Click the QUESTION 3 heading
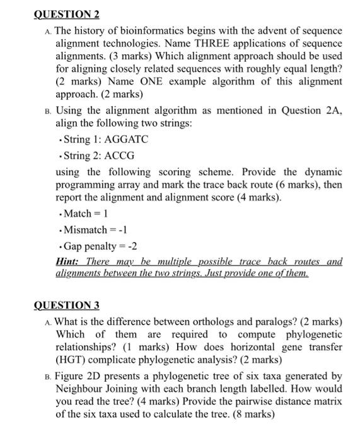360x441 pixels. pos(66,306)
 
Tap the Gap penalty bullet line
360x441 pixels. pos(95,246)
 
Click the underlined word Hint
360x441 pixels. pos(67,261)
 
